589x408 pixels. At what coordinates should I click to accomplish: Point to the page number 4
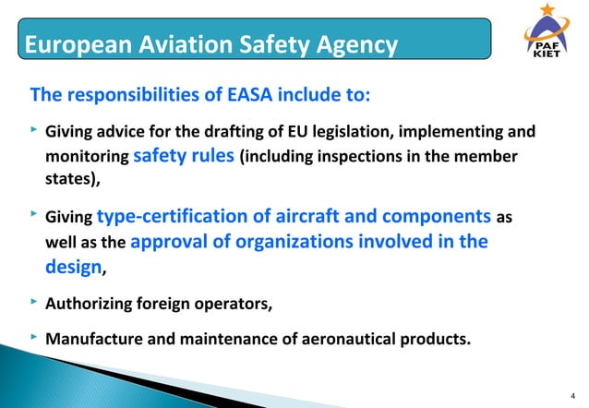(x=573, y=391)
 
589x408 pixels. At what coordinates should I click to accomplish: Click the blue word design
(x=74, y=269)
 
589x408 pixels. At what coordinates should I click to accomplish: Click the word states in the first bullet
(x=68, y=182)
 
